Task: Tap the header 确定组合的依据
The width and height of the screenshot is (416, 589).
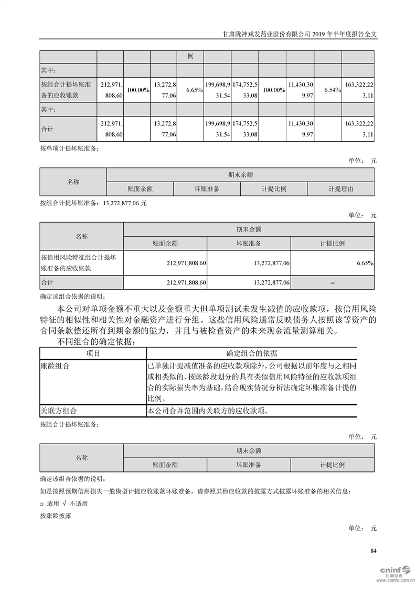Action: click(x=251, y=353)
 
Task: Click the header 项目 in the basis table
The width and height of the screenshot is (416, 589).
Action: click(x=93, y=353)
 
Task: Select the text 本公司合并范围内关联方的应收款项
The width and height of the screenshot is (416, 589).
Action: click(x=209, y=411)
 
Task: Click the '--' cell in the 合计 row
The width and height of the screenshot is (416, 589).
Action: click(x=332, y=282)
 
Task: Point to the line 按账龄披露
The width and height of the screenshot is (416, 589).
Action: click(x=55, y=516)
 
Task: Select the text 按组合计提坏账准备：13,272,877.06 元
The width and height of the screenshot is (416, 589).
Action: click(x=93, y=203)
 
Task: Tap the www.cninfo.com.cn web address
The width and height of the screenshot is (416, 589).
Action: click(x=396, y=580)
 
